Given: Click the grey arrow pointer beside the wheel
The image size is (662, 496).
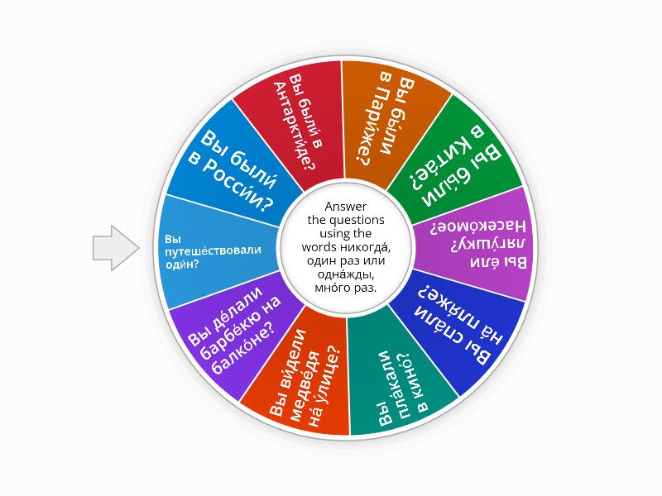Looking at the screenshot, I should [114, 247].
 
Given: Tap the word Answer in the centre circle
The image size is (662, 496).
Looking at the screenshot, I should [345, 207].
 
